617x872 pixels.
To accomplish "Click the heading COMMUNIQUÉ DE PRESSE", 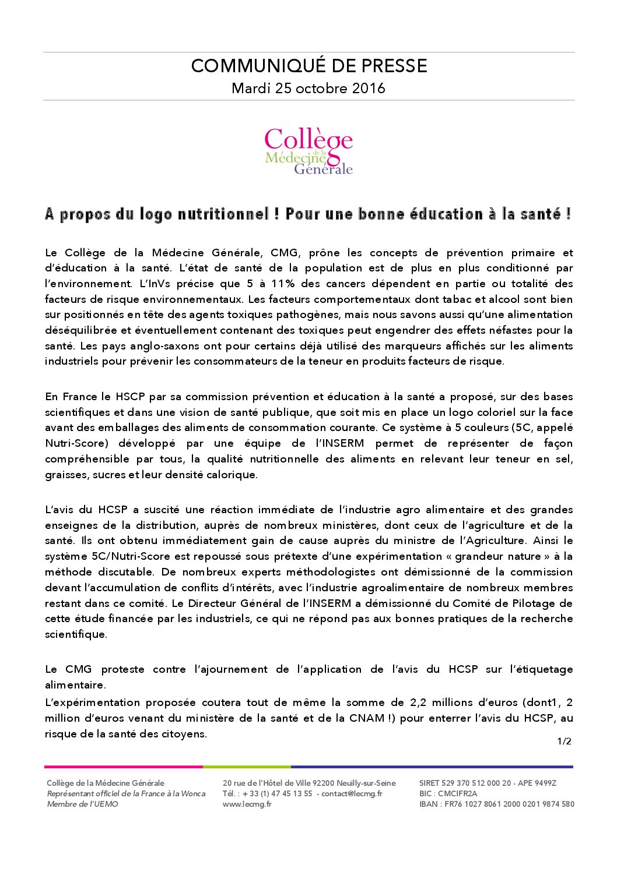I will pos(308,66).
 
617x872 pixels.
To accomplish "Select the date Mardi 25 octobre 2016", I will pos(308,89).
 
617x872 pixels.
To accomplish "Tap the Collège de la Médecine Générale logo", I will pos(308,151).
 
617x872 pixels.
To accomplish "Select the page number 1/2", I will pos(564,742).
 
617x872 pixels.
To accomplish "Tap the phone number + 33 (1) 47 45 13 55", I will pos(278,794).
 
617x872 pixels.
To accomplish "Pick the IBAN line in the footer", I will pos(496,804).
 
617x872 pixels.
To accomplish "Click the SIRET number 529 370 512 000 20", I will pos(477,783).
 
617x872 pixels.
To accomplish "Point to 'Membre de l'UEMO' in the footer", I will pos(82,804).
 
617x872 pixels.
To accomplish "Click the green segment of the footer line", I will pos(247,767).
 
